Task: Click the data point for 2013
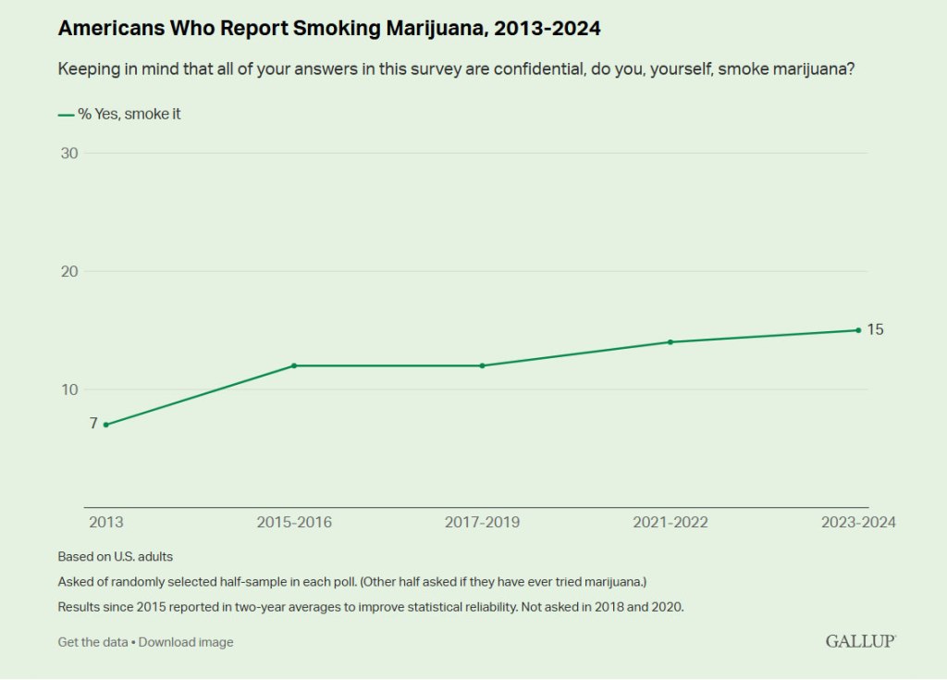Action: click(106, 425)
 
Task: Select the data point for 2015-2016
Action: click(294, 365)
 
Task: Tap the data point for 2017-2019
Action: click(482, 365)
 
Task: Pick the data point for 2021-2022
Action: click(670, 342)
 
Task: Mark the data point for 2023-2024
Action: click(858, 330)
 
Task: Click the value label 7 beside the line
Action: click(93, 424)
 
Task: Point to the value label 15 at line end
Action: click(875, 329)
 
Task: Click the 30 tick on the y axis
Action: click(69, 153)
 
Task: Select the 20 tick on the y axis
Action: click(69, 271)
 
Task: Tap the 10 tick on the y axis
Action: click(69, 389)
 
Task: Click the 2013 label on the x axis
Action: click(105, 523)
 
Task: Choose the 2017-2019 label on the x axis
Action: click(482, 523)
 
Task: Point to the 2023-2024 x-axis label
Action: click(858, 523)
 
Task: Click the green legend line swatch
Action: click(66, 115)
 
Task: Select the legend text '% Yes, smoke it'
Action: click(123, 115)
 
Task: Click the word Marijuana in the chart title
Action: click(430, 29)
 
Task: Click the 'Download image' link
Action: click(186, 642)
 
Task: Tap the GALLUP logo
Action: click(860, 641)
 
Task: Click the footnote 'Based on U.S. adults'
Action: click(116, 557)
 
